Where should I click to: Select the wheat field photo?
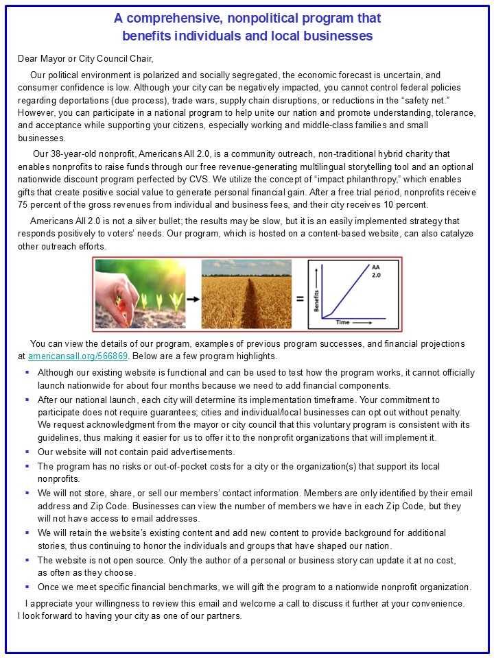248,294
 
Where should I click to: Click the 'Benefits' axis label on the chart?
316,299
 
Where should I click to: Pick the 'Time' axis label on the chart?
342,321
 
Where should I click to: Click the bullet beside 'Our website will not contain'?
27,452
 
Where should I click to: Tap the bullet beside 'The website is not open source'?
27,559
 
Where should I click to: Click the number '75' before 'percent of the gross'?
24,204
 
